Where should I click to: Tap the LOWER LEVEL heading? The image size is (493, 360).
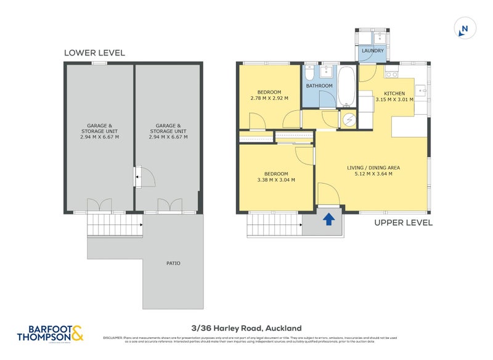point(94,53)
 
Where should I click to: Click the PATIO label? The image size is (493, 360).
point(174,263)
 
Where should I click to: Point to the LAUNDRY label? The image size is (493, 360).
point(373,51)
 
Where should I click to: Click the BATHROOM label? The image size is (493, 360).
point(319,86)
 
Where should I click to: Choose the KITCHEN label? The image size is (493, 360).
point(404,94)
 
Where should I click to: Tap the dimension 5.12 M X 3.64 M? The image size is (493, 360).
point(370,174)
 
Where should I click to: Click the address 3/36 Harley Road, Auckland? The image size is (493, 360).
point(246,329)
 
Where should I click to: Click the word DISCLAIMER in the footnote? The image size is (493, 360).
point(115,338)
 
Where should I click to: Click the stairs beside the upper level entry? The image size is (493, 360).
point(274,225)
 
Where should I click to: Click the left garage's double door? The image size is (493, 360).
point(99,205)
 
